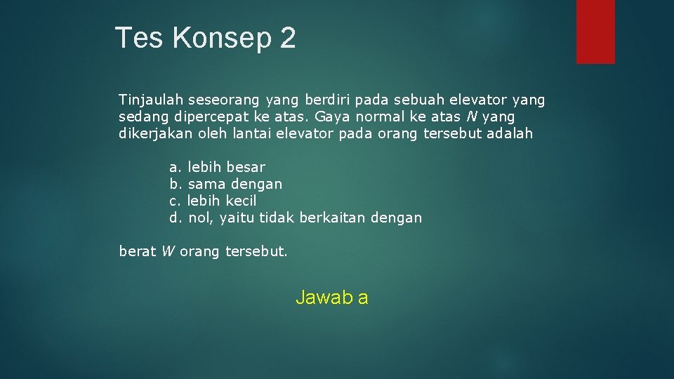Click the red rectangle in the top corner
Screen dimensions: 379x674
(595, 32)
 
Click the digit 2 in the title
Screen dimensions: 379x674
(288, 38)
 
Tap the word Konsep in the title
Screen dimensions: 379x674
(223, 39)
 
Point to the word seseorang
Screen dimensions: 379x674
(217, 100)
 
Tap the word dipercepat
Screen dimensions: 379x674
(216, 117)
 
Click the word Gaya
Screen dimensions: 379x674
(336, 117)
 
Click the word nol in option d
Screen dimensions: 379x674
(201, 218)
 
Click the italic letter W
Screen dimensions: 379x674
(167, 251)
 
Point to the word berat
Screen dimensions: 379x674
(138, 251)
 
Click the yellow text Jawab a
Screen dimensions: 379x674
(331, 298)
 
